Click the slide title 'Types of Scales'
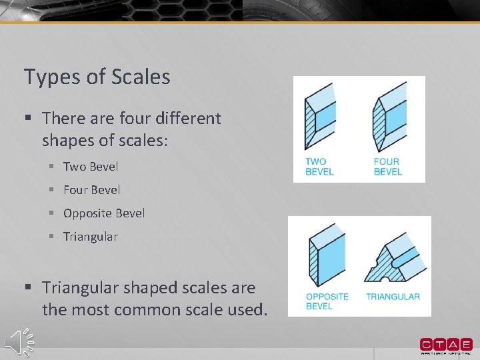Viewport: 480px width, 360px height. coord(97,77)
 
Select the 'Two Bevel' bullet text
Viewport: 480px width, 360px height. coord(91,167)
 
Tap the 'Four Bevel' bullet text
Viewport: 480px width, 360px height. coord(92,190)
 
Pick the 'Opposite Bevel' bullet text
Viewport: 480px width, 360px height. coord(104,213)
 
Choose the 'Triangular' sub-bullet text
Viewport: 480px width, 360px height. coord(91,237)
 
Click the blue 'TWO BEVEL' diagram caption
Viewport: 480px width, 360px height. coord(319,166)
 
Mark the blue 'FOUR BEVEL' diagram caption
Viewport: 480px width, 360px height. coord(387,166)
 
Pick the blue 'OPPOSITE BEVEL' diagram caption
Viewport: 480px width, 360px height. coord(327,301)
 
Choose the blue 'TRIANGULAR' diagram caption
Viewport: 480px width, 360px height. coord(393,297)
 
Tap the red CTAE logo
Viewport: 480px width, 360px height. coord(446,345)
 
